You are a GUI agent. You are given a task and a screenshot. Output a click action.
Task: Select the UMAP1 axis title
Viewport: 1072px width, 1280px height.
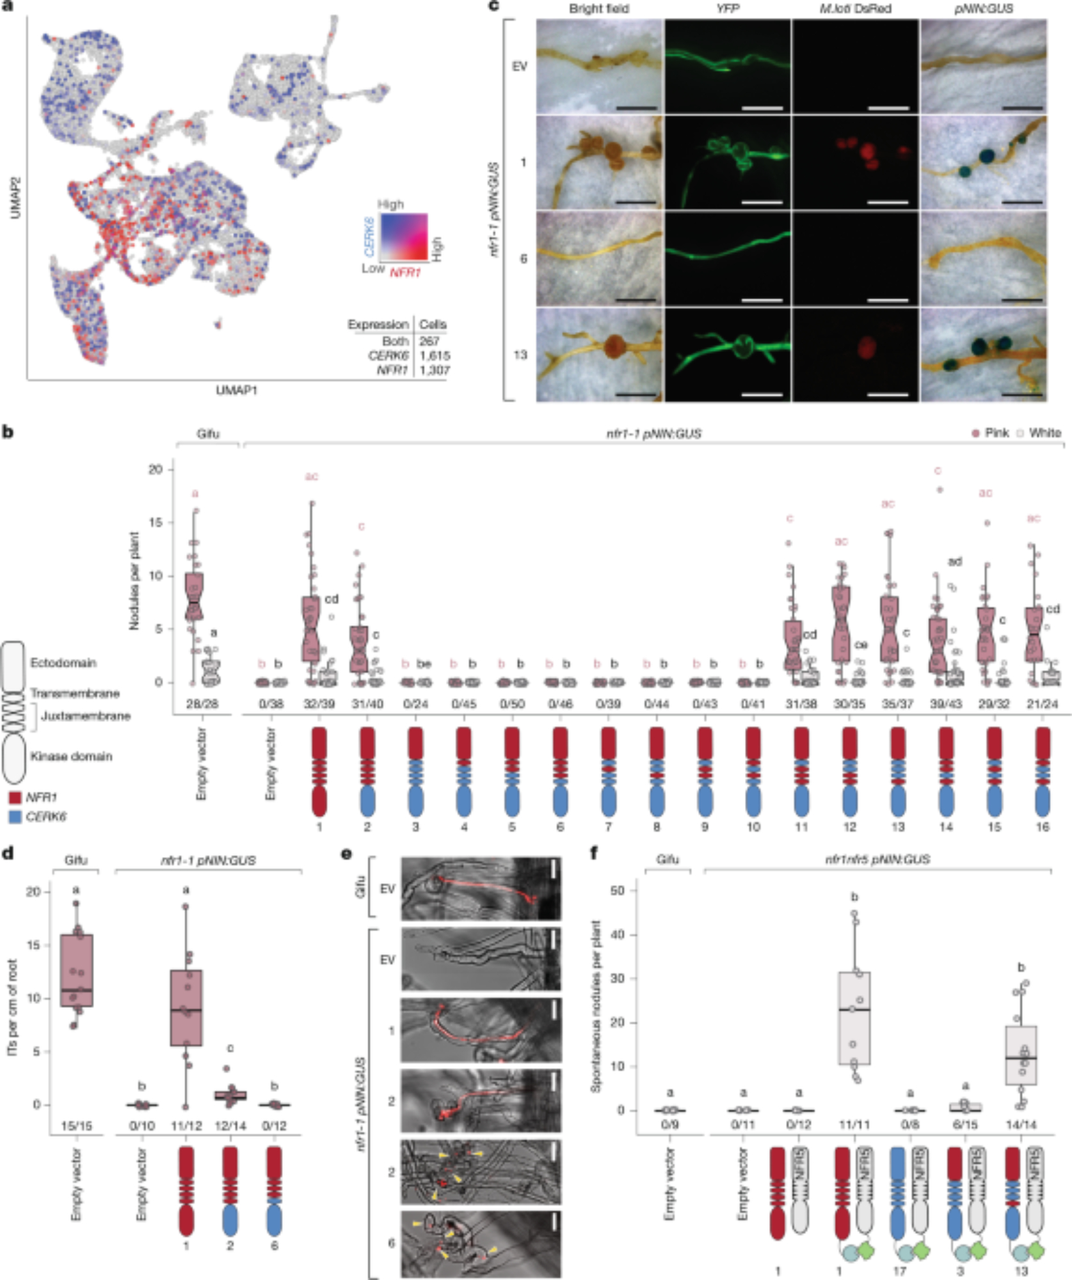236,390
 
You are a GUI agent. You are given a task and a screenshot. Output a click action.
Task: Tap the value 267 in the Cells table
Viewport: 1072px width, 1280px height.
429,341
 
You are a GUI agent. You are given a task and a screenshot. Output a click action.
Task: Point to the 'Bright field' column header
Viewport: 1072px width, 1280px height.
598,9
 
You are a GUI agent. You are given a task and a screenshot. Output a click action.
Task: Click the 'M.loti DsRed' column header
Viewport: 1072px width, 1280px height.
855,9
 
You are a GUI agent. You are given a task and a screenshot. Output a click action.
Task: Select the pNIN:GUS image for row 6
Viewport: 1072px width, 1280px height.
984,259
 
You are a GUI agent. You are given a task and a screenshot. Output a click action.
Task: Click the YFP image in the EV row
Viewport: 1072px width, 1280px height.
728,67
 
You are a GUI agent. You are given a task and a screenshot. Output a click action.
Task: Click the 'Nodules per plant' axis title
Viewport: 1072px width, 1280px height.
134,580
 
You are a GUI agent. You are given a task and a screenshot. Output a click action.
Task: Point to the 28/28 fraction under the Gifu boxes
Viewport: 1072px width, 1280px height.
202,703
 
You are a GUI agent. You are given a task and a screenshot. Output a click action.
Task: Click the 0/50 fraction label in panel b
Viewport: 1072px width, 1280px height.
512,703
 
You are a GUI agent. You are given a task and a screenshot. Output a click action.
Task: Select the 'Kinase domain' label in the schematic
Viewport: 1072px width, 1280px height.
71,756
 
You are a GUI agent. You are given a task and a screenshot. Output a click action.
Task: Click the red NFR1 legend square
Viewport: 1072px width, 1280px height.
14,797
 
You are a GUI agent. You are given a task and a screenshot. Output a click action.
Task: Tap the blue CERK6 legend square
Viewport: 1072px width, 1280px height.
14,817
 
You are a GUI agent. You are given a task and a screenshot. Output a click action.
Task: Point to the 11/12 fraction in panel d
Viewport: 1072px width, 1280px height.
186,1125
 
